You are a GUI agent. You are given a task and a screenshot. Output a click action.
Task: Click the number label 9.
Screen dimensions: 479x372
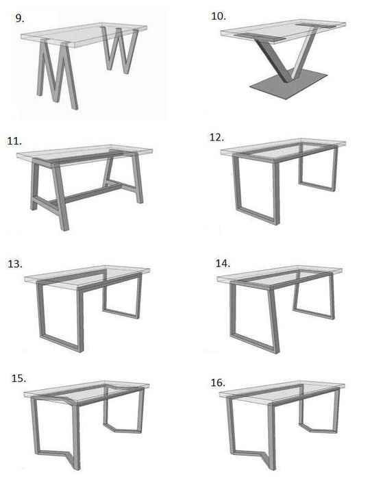click(20, 19)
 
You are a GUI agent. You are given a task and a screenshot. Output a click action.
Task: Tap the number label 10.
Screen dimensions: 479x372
click(219, 15)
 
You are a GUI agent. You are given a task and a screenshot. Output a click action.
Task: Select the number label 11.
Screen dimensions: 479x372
click(14, 140)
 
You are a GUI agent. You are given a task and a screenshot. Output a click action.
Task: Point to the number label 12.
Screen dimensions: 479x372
click(216, 137)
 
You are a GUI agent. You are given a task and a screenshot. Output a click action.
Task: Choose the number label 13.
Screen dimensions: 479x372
click(14, 264)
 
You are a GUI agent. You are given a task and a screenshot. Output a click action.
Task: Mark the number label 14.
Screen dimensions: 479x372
click(223, 262)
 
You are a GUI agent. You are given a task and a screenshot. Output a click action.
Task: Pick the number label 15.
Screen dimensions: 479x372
click(19, 378)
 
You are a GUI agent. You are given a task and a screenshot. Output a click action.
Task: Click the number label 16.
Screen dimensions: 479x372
click(218, 382)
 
